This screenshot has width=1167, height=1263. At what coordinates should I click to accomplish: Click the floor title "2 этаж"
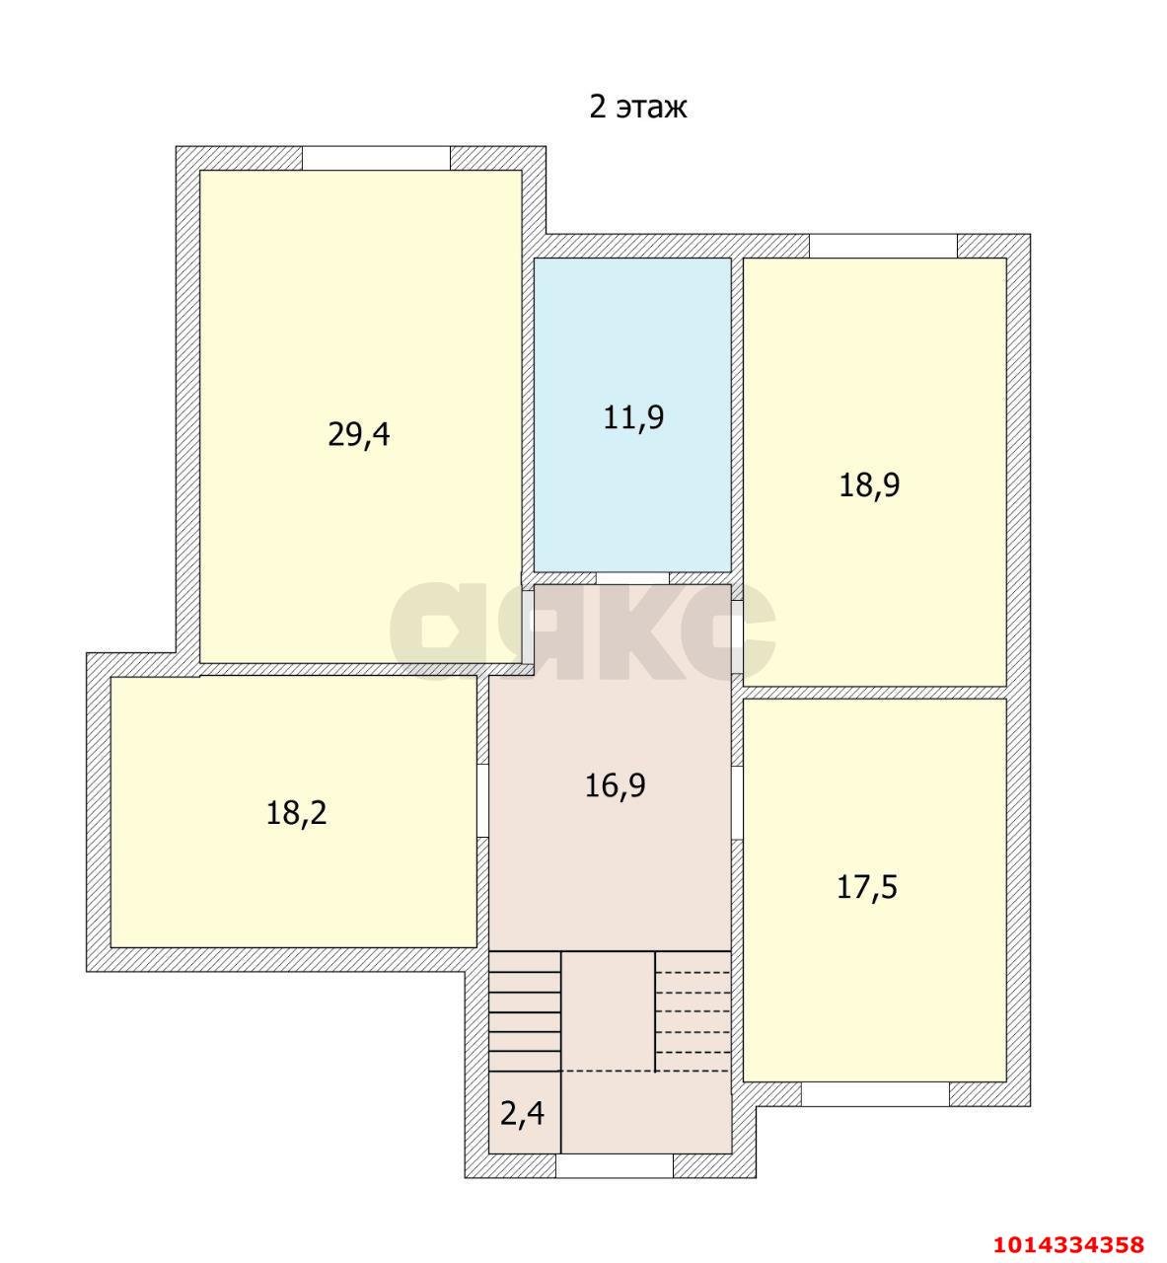coord(637,107)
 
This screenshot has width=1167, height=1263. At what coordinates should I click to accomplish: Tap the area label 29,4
coord(359,435)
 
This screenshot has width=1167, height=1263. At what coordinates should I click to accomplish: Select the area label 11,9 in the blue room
coord(633,417)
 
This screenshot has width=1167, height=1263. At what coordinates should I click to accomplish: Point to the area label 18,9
coord(869,485)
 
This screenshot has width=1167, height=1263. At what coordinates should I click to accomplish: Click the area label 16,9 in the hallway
coord(615,785)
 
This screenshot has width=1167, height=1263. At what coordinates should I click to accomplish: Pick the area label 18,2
coord(296,813)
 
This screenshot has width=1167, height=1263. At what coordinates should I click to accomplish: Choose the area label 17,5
coord(866,887)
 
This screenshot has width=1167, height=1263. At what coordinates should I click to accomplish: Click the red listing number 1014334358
coord(1069,1243)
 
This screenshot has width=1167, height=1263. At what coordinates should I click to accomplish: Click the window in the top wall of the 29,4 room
coord(377,158)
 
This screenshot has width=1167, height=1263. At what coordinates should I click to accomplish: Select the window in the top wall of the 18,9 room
coord(883,246)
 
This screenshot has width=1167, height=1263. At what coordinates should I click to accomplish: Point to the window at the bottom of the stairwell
coord(615,1165)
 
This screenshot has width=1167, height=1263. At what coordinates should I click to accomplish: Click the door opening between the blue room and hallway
coord(632,578)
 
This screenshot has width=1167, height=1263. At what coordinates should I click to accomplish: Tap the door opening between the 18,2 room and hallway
coord(482,800)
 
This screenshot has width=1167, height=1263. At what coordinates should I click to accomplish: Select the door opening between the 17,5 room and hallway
coord(737,803)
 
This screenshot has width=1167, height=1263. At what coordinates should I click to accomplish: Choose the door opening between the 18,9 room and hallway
coord(737,636)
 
